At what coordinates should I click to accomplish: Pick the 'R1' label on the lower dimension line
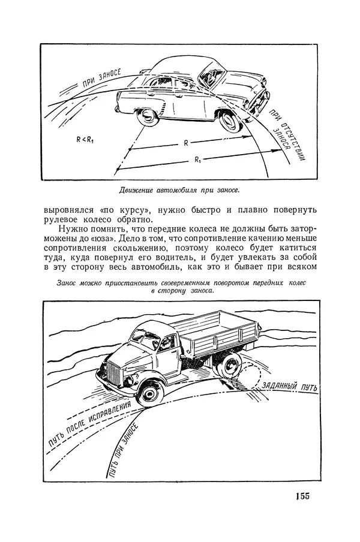pos(198,159)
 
